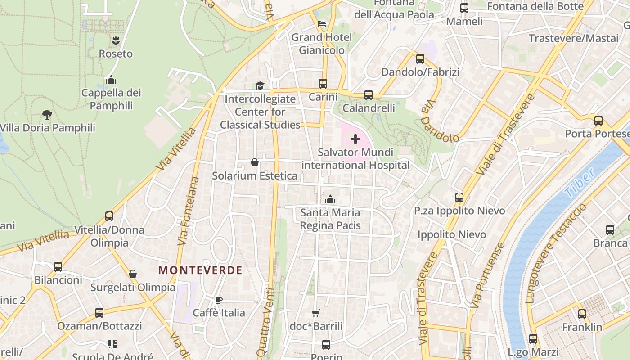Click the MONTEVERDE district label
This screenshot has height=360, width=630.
200,270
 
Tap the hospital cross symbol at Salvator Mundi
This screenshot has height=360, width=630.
355,139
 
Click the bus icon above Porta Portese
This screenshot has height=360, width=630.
598,121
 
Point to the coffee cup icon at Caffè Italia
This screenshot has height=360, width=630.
219,300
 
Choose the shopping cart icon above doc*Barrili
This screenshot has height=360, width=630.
316,313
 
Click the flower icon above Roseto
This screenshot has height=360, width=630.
116,40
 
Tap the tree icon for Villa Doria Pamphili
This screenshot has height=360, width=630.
47,115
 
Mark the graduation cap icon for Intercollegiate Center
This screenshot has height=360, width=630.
260,85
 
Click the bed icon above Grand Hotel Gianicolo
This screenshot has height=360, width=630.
322,24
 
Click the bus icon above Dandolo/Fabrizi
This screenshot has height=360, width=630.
420,58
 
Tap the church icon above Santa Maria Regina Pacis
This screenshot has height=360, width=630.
330,199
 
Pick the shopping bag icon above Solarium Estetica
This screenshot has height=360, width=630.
255,162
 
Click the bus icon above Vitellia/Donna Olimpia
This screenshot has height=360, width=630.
109,216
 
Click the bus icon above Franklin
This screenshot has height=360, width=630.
582,314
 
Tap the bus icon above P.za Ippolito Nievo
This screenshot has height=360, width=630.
459,198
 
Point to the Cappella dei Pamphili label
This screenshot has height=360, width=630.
111,99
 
